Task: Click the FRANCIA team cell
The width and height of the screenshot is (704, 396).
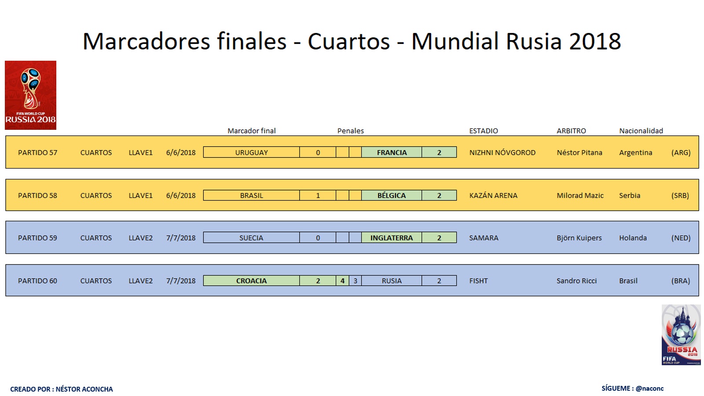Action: [x=392, y=152]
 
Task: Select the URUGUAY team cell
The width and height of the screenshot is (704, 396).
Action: [x=251, y=152]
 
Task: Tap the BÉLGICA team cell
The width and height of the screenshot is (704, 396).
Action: [x=392, y=195]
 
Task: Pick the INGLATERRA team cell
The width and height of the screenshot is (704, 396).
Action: [x=392, y=238]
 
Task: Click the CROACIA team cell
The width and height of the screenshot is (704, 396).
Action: [x=251, y=281]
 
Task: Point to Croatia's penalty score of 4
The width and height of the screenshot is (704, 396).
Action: [x=342, y=281]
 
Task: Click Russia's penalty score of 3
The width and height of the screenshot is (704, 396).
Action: [x=355, y=281]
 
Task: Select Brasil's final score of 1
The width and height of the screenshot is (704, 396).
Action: [x=318, y=195]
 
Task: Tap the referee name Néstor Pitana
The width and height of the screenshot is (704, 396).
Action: [x=579, y=152]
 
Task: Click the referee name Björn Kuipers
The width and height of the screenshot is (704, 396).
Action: [x=579, y=238]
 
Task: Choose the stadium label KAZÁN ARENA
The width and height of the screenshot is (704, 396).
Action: [x=493, y=195]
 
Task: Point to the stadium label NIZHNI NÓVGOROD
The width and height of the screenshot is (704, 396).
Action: [x=502, y=152]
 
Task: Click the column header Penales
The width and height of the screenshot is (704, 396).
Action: [x=350, y=131]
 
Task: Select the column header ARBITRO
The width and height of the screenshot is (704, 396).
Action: [x=571, y=131]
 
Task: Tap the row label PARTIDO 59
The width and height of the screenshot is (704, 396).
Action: [x=37, y=238]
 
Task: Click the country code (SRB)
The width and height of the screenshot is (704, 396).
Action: [x=680, y=195]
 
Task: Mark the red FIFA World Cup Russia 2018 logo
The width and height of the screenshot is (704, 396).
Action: [x=30, y=95]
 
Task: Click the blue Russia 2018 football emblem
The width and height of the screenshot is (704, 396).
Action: [x=681, y=335]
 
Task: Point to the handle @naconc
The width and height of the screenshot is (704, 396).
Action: [x=649, y=388]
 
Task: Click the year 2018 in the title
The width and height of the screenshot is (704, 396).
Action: [x=595, y=41]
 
